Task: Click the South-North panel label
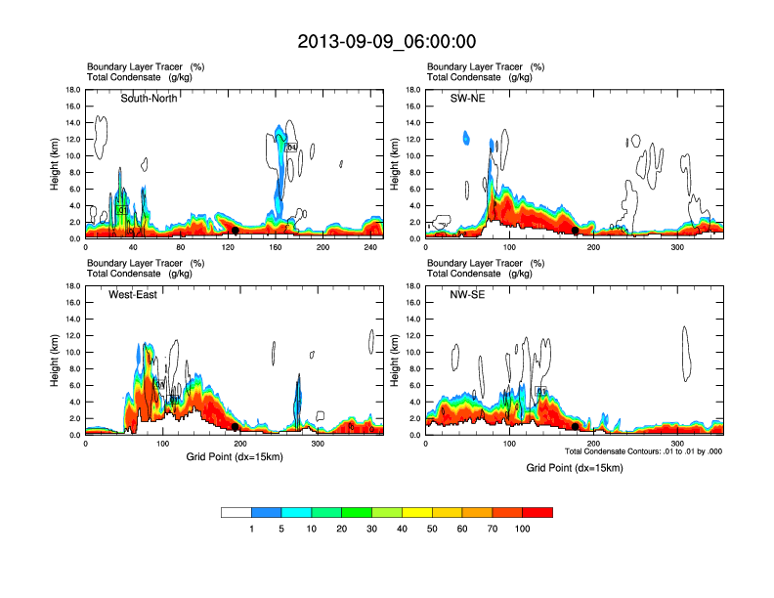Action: (149, 99)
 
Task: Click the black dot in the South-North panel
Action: (236, 231)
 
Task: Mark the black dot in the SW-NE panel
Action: (575, 231)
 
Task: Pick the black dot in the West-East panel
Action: (236, 427)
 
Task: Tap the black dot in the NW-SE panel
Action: (575, 427)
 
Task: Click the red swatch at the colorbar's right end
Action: (537, 512)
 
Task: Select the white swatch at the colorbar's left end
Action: (236, 512)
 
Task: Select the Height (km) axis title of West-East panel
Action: (56, 361)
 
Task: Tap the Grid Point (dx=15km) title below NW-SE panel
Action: (574, 468)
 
